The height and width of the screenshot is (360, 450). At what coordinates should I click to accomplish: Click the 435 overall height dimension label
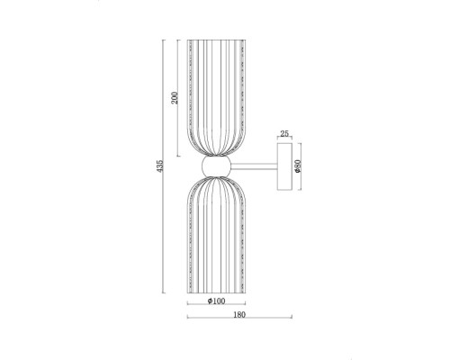[160, 166]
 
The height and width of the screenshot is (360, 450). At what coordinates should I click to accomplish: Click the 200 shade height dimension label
[175, 98]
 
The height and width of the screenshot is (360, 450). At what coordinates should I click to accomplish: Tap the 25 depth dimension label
[284, 133]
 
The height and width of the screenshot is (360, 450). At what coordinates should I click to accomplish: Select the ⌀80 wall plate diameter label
[298, 166]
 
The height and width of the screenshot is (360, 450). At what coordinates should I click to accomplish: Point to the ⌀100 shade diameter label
[216, 301]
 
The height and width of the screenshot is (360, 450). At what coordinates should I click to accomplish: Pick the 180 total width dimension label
[239, 315]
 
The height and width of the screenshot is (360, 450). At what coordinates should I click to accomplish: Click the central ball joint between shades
[216, 166]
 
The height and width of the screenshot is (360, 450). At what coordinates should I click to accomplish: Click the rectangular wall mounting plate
[284, 166]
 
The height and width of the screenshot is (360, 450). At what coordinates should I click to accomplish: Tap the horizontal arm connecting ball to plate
[254, 166]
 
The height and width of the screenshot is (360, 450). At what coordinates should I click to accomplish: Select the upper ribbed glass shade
[216, 97]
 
